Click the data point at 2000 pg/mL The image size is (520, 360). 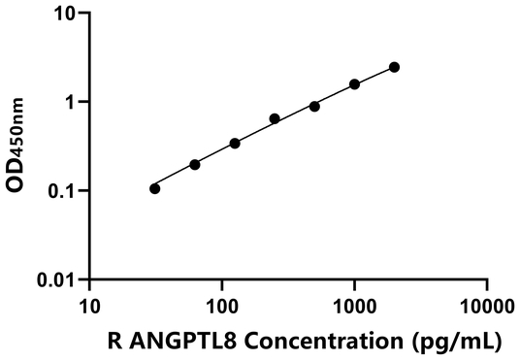point(394,67)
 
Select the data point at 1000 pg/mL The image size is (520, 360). point(354,84)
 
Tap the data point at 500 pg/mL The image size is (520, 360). point(314,106)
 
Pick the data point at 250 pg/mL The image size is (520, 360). point(275,118)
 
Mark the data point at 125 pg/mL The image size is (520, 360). point(235,144)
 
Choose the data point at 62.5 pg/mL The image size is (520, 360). point(195,165)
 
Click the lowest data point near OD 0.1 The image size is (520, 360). point(155,188)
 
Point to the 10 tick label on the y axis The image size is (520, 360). point(65,14)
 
